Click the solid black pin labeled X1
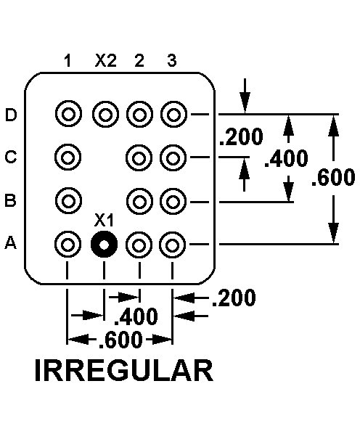[x=104, y=245]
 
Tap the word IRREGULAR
[x=124, y=371]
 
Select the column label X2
[x=106, y=60]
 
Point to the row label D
[x=11, y=115]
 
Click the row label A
[x=11, y=242]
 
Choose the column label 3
[x=172, y=60]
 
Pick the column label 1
[x=67, y=60]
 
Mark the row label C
[x=11, y=157]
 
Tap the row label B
[x=11, y=200]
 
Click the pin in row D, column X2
[x=105, y=115]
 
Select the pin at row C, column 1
[x=68, y=157]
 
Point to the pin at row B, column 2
[x=139, y=202]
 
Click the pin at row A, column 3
[x=172, y=245]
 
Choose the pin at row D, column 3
[x=173, y=115]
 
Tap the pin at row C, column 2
[x=139, y=158]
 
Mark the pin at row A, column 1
[x=68, y=245]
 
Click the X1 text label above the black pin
[x=104, y=220]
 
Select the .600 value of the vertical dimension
[x=333, y=177]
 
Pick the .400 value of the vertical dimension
[x=287, y=158]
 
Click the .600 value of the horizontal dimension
[x=120, y=340]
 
